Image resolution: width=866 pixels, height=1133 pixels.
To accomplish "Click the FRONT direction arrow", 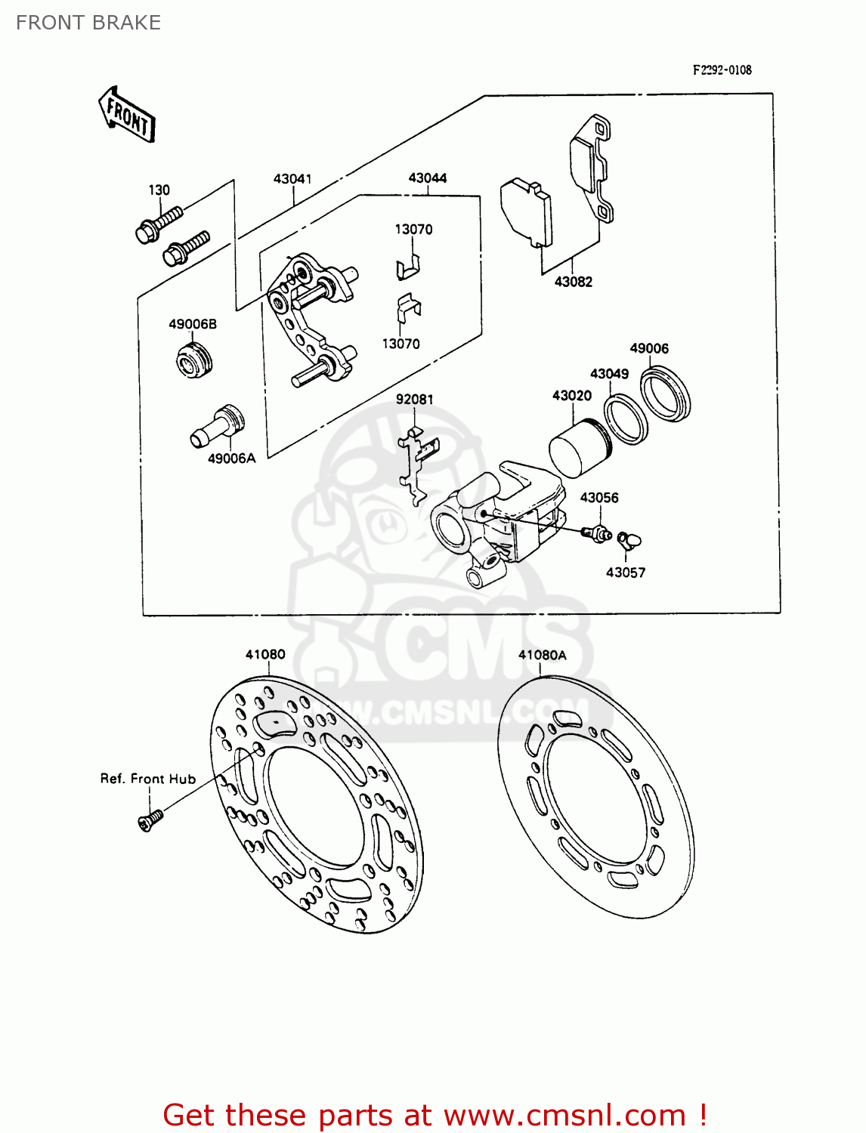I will click(126, 116).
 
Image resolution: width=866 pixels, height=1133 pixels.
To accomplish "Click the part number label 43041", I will click(292, 179).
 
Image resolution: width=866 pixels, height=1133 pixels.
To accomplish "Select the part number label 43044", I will click(428, 178).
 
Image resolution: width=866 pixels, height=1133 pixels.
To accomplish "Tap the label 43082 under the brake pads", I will click(573, 282).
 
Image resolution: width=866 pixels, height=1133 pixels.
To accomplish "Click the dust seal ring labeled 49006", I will click(666, 393).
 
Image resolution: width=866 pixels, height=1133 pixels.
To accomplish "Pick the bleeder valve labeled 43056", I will click(597, 534).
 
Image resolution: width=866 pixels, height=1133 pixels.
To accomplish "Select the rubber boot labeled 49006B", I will click(194, 360).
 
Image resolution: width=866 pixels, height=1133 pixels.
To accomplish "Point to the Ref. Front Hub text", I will click(148, 779).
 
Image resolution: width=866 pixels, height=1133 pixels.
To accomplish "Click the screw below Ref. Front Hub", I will click(150, 820).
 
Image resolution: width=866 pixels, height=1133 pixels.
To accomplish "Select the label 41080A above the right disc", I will click(542, 655).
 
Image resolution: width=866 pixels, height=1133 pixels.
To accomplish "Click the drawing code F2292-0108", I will click(722, 70).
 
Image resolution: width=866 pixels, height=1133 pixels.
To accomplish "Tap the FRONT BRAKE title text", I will click(88, 23).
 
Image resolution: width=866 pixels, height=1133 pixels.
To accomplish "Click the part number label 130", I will click(159, 190).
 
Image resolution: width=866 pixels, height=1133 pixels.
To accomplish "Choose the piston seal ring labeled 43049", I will click(626, 418).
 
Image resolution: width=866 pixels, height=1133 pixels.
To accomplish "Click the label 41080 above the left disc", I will click(265, 654).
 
